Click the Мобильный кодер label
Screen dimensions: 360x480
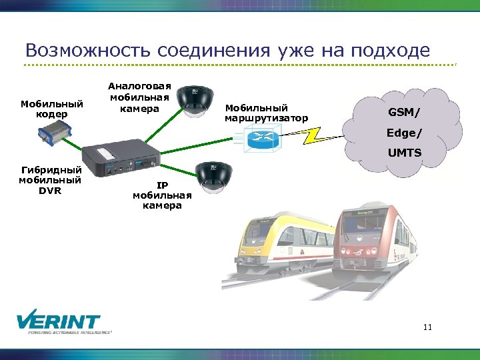coord(52,109)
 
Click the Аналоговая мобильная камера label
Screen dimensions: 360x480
coord(139,97)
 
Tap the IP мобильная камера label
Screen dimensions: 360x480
coord(162,195)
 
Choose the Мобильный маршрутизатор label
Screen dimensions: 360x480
coord(266,113)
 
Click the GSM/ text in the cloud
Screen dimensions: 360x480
coord(404,113)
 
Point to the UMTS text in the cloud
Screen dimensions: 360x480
coord(405,153)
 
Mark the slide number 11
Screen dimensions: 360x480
coord(427,327)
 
